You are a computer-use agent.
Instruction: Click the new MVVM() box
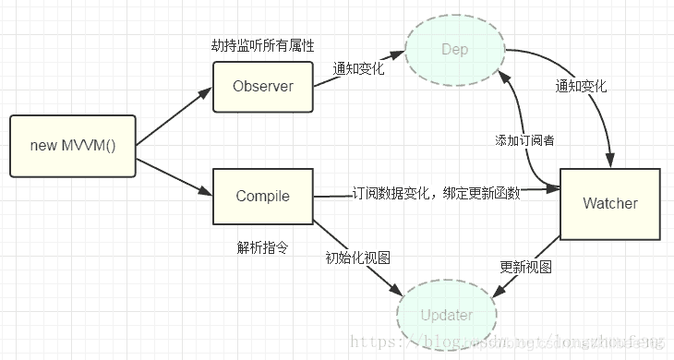pyautogui.click(x=72, y=146)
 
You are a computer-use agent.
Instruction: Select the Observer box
pyautogui.click(x=262, y=87)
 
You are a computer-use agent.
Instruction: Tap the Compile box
pyautogui.click(x=262, y=196)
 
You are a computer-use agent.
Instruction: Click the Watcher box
pyautogui.click(x=609, y=203)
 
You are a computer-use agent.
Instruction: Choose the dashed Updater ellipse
pyautogui.click(x=447, y=315)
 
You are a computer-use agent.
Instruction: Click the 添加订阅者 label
pyautogui.click(x=524, y=140)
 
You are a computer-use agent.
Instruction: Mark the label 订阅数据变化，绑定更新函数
pyautogui.click(x=436, y=194)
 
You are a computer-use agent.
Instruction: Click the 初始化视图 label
pyautogui.click(x=352, y=258)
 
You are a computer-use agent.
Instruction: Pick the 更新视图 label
pyautogui.click(x=526, y=267)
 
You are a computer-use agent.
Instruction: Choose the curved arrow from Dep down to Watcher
pyautogui.click(x=591, y=92)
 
